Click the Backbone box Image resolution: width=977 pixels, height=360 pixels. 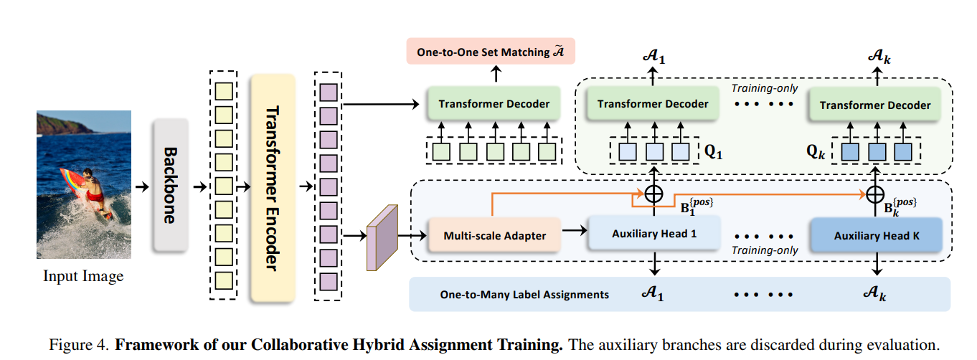click(171, 185)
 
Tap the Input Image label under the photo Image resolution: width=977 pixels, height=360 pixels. click(83, 276)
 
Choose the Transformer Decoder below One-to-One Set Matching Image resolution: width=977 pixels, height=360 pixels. click(494, 104)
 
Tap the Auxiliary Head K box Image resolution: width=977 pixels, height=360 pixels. click(874, 235)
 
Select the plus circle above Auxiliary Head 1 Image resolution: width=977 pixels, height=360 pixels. click(653, 193)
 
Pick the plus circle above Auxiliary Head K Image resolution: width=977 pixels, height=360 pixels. click(874, 194)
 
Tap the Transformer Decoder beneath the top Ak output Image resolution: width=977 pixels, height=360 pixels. click(874, 105)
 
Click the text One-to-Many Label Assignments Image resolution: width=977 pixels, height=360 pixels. click(524, 295)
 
